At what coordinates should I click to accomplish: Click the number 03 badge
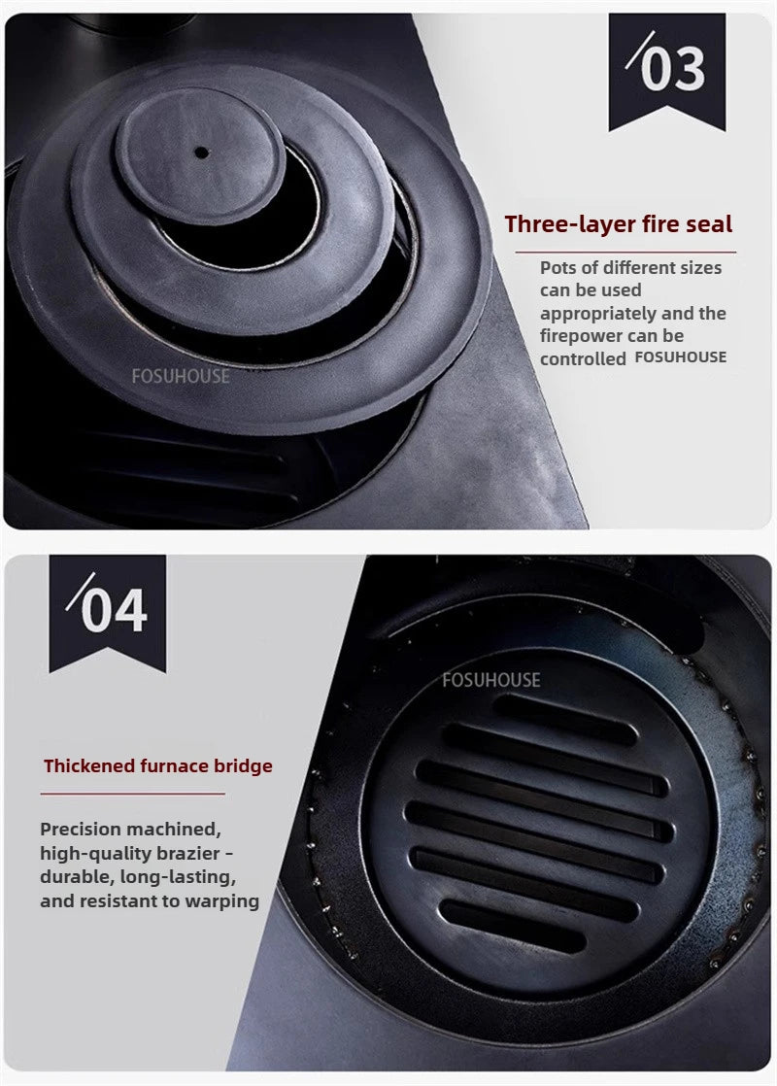click(x=666, y=68)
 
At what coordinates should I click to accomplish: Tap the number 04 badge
click(x=107, y=610)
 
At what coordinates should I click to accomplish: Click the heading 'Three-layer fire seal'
click(x=618, y=224)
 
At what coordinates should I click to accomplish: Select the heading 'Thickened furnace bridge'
click(x=157, y=766)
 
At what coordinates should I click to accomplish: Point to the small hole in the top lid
click(x=201, y=153)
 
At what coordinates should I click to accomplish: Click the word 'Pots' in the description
click(x=558, y=267)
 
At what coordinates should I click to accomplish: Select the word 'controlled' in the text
click(x=583, y=358)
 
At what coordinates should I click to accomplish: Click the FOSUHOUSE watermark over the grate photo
click(x=490, y=680)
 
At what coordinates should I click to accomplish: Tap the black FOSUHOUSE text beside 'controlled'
click(x=680, y=357)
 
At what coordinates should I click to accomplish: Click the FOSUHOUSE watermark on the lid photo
click(x=181, y=375)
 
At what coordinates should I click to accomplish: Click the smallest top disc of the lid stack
click(x=199, y=155)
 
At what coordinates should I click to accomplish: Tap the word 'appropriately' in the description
click(x=597, y=314)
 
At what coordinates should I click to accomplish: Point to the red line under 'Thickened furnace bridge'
click(x=132, y=793)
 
